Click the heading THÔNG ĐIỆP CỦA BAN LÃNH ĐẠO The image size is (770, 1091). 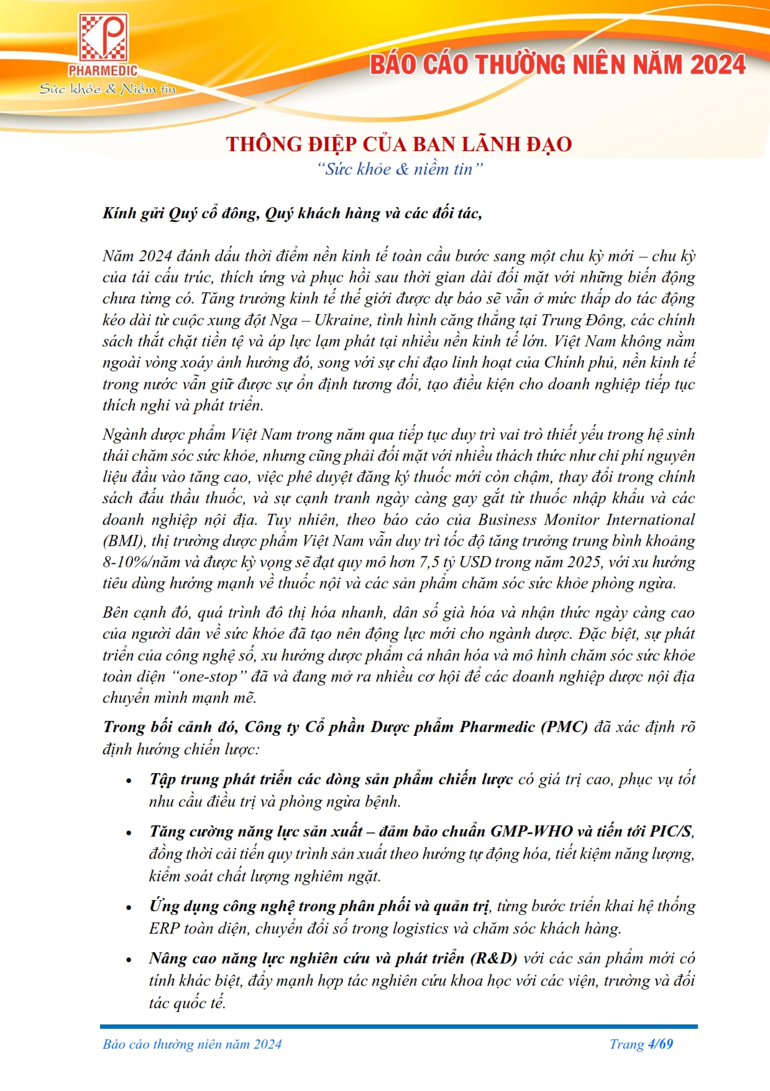[398, 144]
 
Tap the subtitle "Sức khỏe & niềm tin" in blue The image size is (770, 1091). [399, 169]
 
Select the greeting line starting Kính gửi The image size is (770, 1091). [292, 213]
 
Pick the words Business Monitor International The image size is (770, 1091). [585, 520]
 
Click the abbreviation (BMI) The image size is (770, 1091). [123, 541]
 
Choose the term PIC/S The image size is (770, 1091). [670, 832]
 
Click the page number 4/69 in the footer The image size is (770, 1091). [660, 1044]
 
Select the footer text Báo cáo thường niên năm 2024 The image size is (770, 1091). [192, 1044]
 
